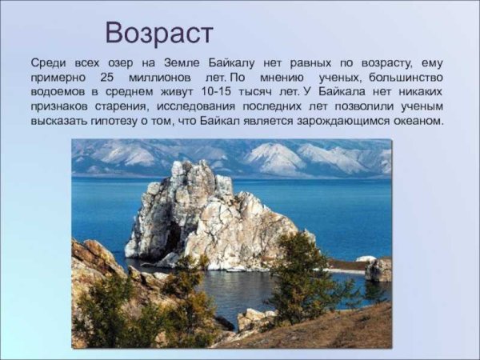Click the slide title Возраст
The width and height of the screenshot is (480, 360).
point(159,34)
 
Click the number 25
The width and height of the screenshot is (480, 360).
point(109,77)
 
